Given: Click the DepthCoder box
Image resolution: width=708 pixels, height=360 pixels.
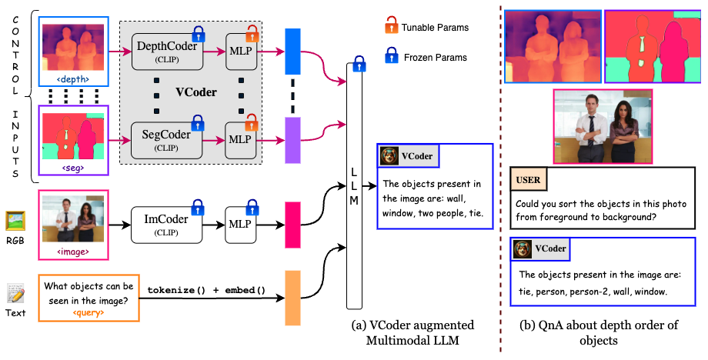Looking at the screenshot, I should (x=167, y=52).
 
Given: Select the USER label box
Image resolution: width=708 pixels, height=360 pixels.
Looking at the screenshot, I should (x=528, y=181).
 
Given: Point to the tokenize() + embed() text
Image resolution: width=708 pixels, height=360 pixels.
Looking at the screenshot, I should (x=206, y=290).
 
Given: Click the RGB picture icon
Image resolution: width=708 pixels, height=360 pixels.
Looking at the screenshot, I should (x=15, y=221).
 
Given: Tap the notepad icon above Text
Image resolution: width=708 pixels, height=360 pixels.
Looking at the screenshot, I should (x=15, y=293).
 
